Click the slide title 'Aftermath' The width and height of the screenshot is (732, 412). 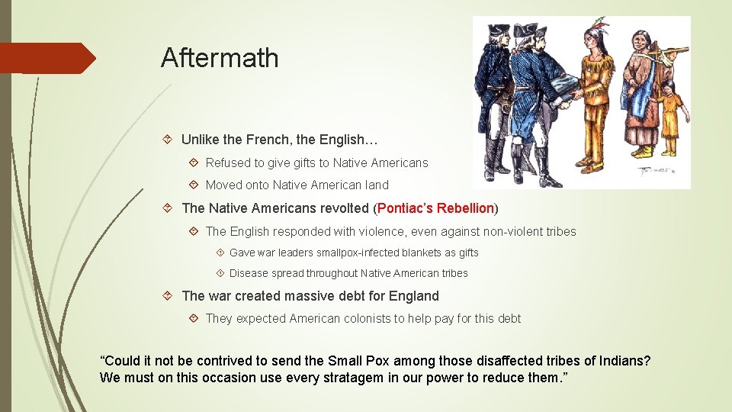(220, 58)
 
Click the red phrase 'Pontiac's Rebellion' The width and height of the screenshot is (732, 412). (435, 208)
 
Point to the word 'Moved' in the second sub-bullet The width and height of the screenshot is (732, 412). (225, 185)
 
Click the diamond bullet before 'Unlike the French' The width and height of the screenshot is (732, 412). (169, 140)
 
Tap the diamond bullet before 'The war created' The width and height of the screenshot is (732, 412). (169, 296)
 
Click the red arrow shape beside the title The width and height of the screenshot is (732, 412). (47, 58)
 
